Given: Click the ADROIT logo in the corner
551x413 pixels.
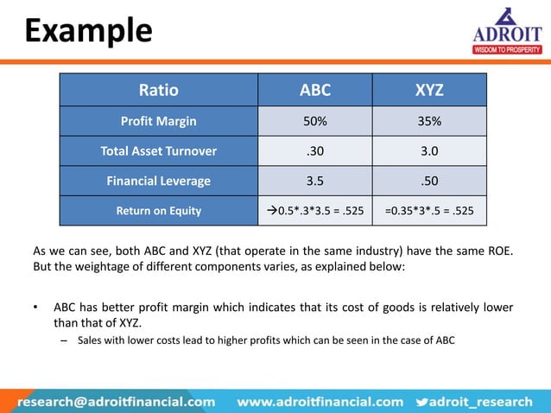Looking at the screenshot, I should click(506, 33).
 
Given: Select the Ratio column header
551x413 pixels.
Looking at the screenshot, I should click(158, 90).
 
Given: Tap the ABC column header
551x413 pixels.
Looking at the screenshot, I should click(314, 90).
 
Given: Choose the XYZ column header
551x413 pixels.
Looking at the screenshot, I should click(428, 90).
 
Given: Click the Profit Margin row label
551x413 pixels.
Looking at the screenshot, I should click(158, 122).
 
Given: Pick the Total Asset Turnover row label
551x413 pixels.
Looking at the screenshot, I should click(158, 151).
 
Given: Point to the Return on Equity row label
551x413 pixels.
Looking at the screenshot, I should click(158, 210).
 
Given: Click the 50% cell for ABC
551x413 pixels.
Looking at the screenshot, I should click(314, 122).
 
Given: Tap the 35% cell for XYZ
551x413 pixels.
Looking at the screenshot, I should click(428, 122).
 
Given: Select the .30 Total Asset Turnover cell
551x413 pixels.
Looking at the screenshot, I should click(314, 151).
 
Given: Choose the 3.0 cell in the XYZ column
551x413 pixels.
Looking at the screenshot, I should click(428, 151).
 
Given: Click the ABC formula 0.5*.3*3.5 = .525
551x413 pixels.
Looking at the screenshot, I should click(314, 210).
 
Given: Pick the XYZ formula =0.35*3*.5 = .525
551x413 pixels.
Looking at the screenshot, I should click(428, 210).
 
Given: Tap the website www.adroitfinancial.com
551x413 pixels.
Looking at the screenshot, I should click(320, 401).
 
